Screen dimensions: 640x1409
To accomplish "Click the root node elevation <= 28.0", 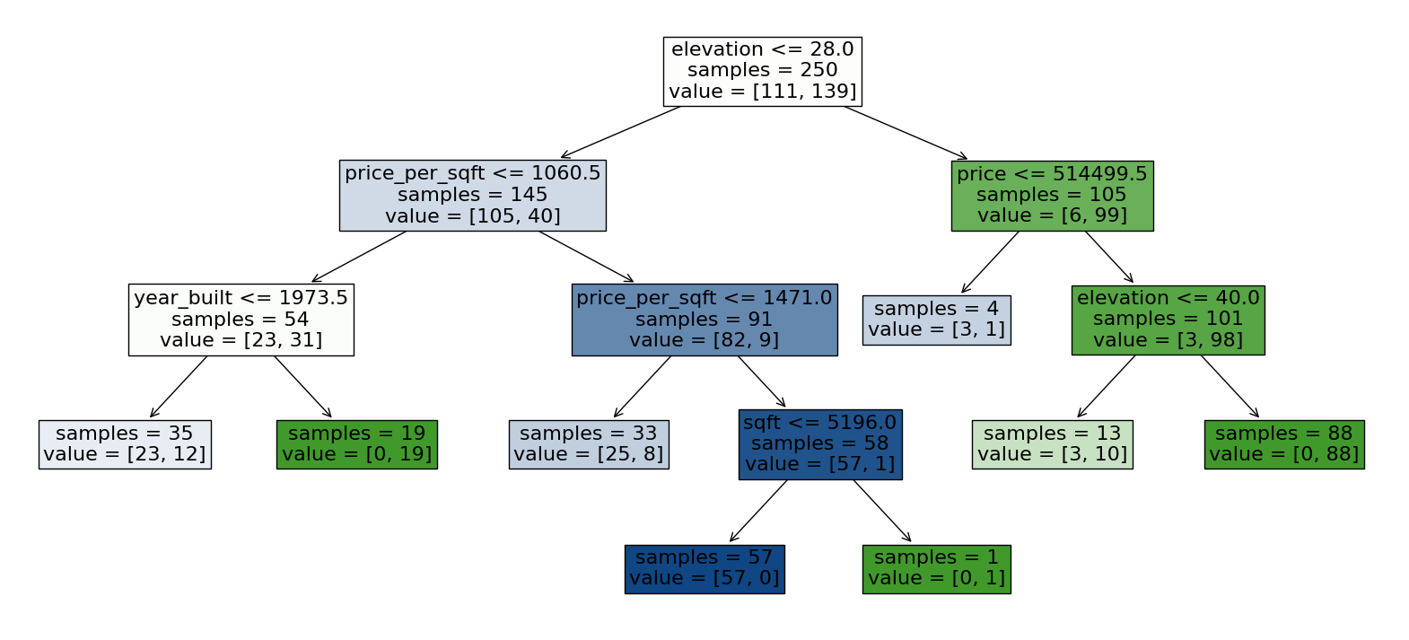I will pos(762,71).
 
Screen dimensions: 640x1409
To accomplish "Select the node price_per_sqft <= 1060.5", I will pos(472,195).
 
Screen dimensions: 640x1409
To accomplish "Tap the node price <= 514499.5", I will pos(1052,195).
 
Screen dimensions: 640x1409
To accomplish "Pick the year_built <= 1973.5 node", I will pos(241,320).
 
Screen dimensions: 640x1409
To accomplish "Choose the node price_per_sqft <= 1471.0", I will pos(704,320).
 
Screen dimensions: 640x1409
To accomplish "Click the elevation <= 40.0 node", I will pos(1168,320).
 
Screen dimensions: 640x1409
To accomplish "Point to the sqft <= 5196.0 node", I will pos(819,444).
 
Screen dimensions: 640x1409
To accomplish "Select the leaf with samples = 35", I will pos(125,444).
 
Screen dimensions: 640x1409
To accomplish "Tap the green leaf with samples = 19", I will pos(356,444).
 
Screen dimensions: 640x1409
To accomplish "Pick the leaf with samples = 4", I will pos(936,320).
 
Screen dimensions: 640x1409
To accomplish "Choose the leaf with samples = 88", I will pos(1283,444).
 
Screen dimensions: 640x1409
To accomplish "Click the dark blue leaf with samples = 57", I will pos(704,568).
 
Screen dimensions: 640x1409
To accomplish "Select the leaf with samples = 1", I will pos(936,568).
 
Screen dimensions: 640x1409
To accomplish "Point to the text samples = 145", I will pos(472,195).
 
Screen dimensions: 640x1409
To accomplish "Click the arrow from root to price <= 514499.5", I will pos(906,133).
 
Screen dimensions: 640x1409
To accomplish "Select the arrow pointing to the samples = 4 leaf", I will pos(990,262).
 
